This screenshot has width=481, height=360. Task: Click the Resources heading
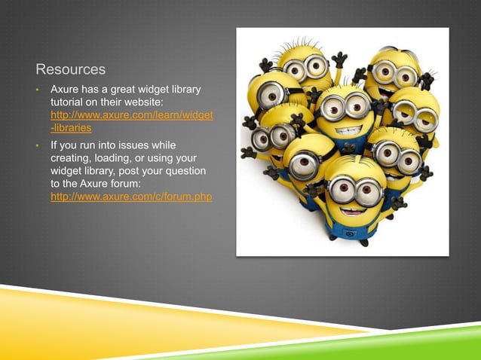pos(71,71)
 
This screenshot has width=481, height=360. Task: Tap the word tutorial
pos(70,103)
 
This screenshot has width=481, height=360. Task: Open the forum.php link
pos(130,197)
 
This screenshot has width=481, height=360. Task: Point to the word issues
pos(133,145)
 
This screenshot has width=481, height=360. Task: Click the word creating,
pos(72,158)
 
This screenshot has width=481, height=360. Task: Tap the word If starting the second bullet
pos(54,145)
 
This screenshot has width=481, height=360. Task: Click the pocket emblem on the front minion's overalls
pos(349,233)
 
